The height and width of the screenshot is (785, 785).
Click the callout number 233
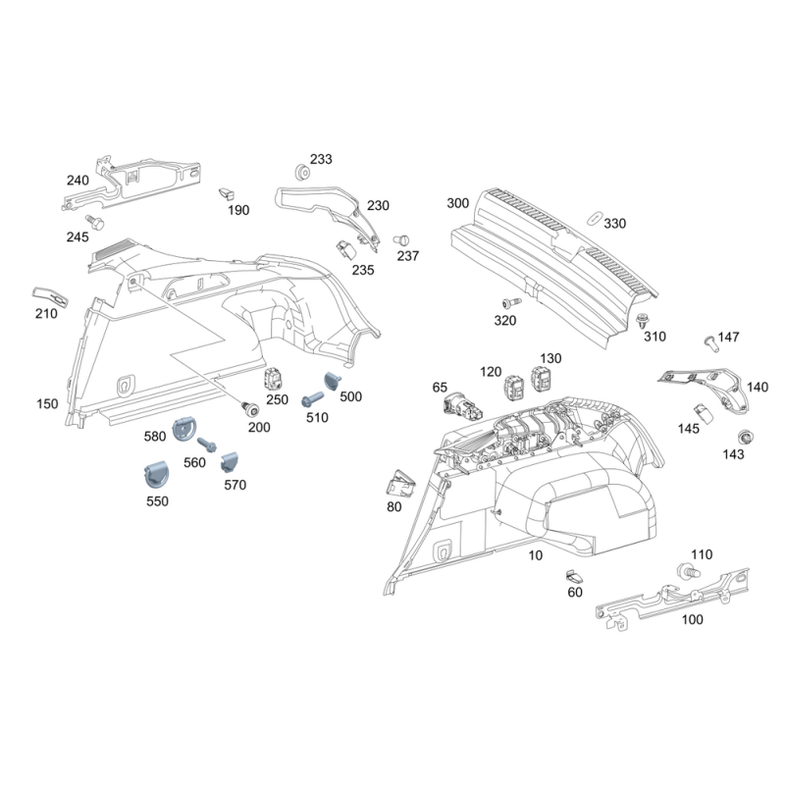click(x=321, y=159)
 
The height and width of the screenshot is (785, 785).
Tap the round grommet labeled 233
click(x=301, y=174)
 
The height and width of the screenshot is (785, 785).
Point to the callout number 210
click(x=45, y=314)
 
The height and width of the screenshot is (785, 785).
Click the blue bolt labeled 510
click(x=311, y=400)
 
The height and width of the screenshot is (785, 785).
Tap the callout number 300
click(x=458, y=204)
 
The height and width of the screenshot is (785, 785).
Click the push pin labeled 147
click(x=709, y=340)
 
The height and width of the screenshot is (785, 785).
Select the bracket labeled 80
click(x=400, y=484)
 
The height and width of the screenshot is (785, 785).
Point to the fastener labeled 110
click(x=688, y=571)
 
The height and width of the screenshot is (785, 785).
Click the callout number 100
click(x=693, y=619)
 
